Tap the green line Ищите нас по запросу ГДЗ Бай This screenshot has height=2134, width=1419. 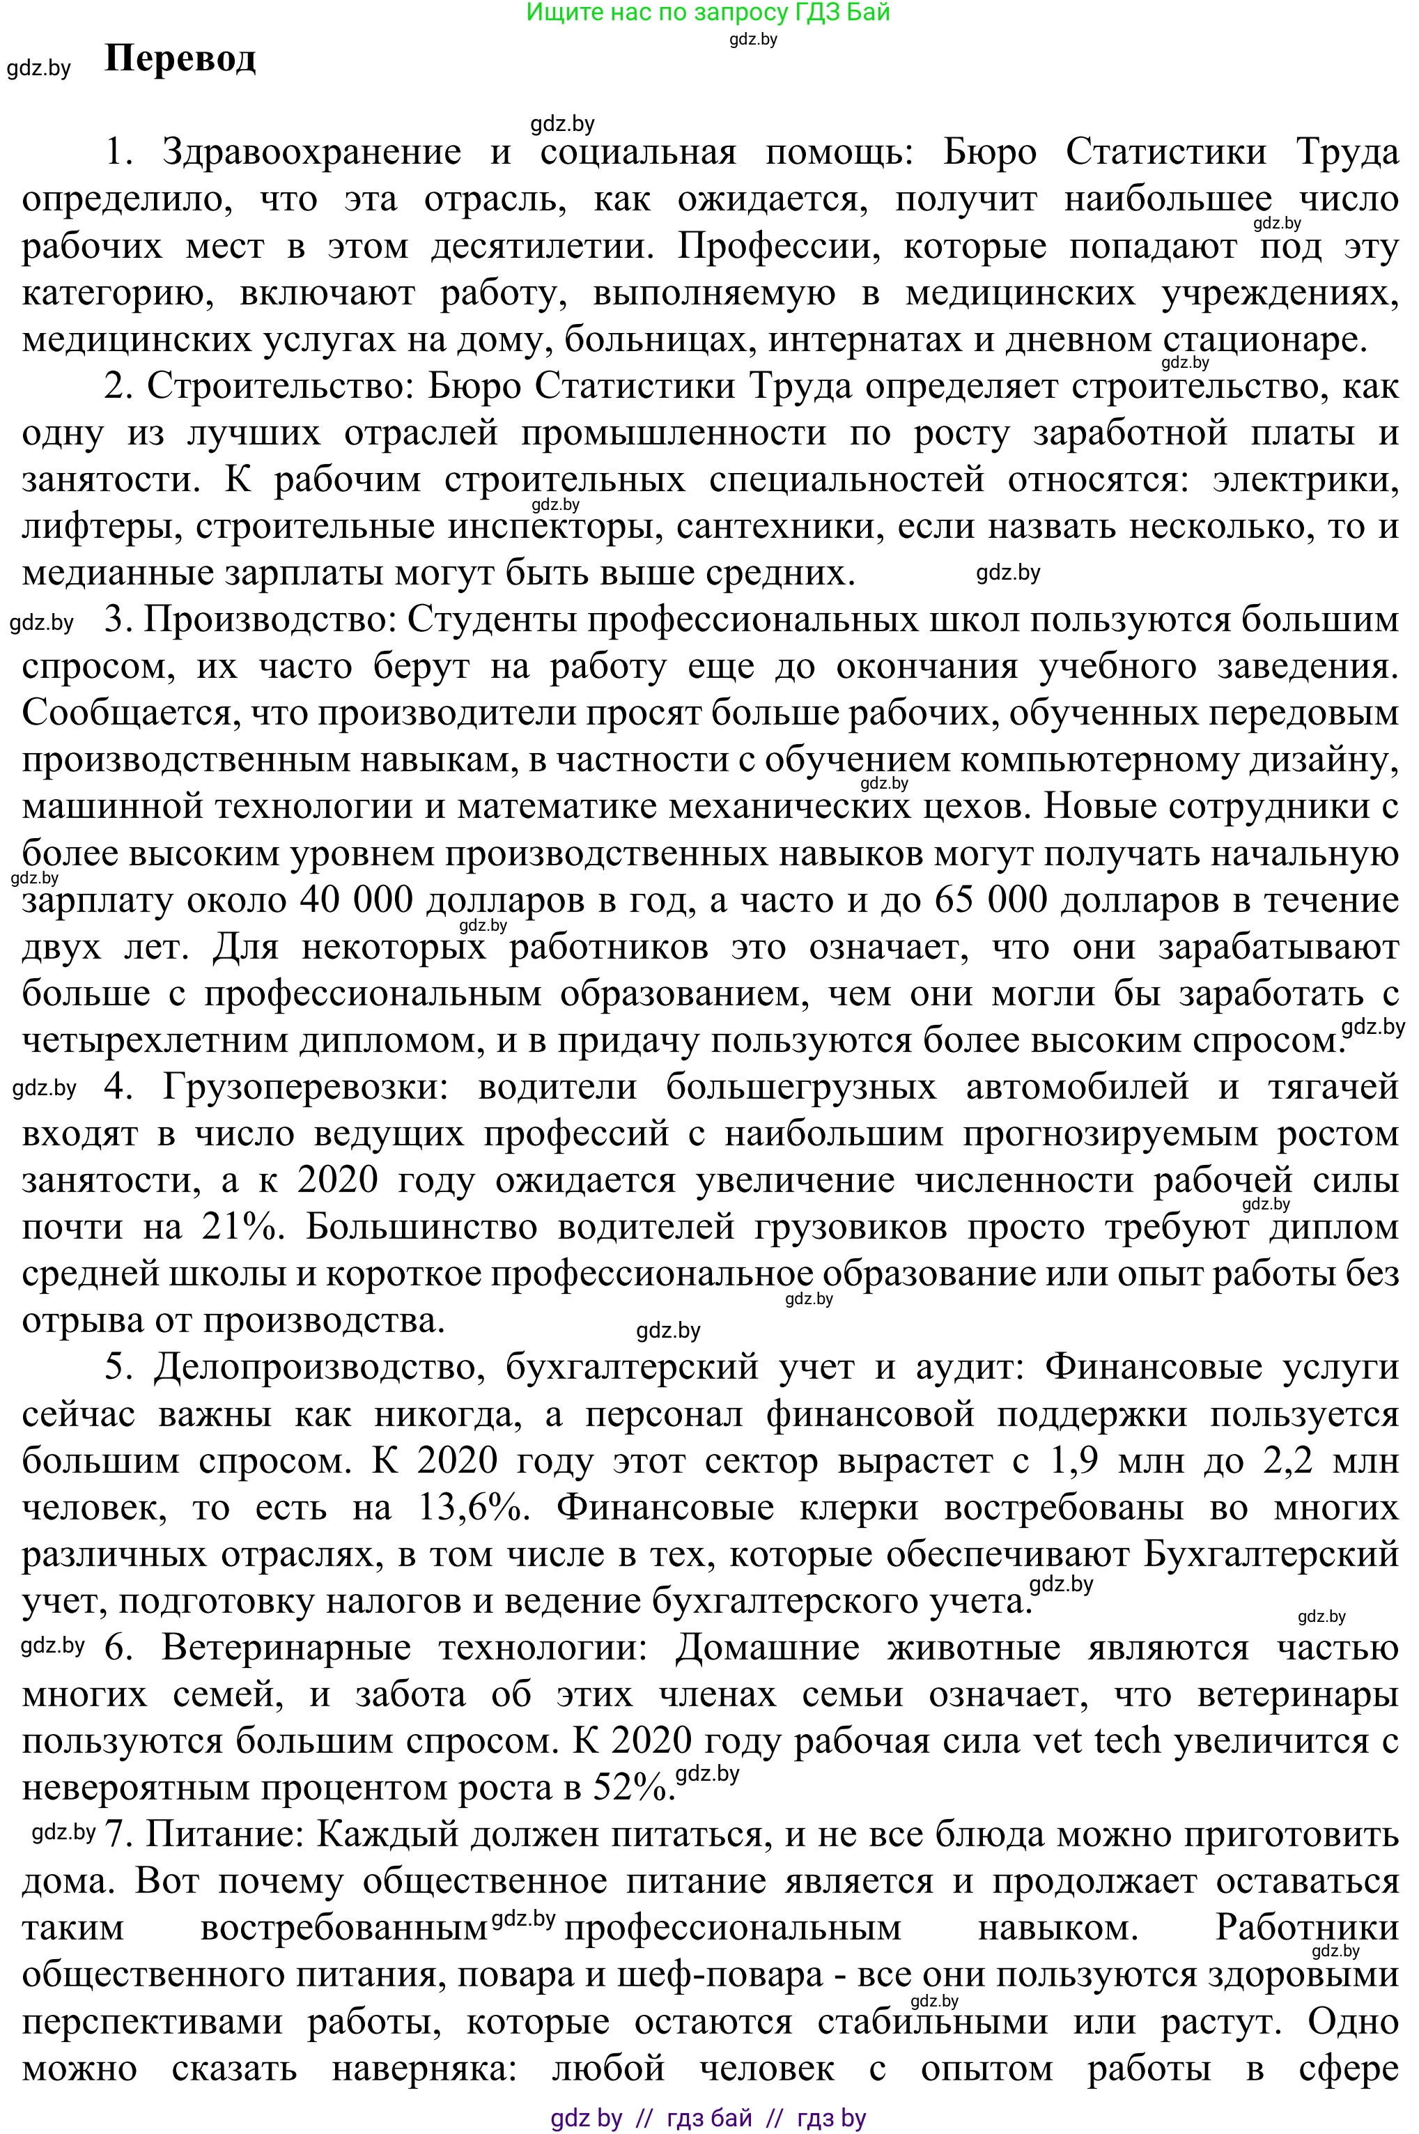(708, 12)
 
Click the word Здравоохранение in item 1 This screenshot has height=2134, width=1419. (311, 152)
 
